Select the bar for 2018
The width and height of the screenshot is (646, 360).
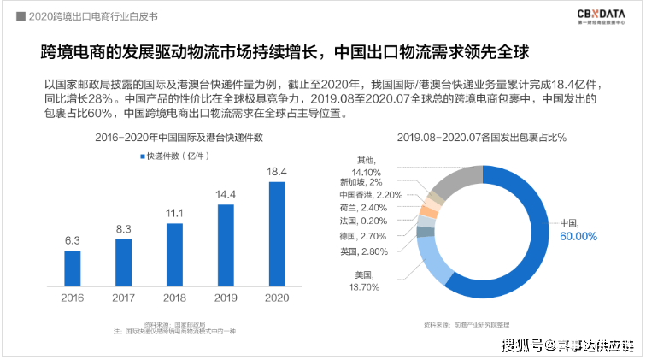pyautogui.click(x=175, y=253)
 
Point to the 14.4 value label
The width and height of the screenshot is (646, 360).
pyautogui.click(x=226, y=194)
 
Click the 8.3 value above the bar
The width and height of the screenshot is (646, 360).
pyautogui.click(x=124, y=228)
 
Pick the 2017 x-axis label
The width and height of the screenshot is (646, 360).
pyautogui.click(x=124, y=297)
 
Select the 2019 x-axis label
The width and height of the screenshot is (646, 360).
pyautogui.click(x=226, y=297)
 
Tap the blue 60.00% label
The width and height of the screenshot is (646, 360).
pyautogui.click(x=578, y=236)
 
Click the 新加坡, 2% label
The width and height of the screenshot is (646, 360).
pyautogui.click(x=361, y=181)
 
